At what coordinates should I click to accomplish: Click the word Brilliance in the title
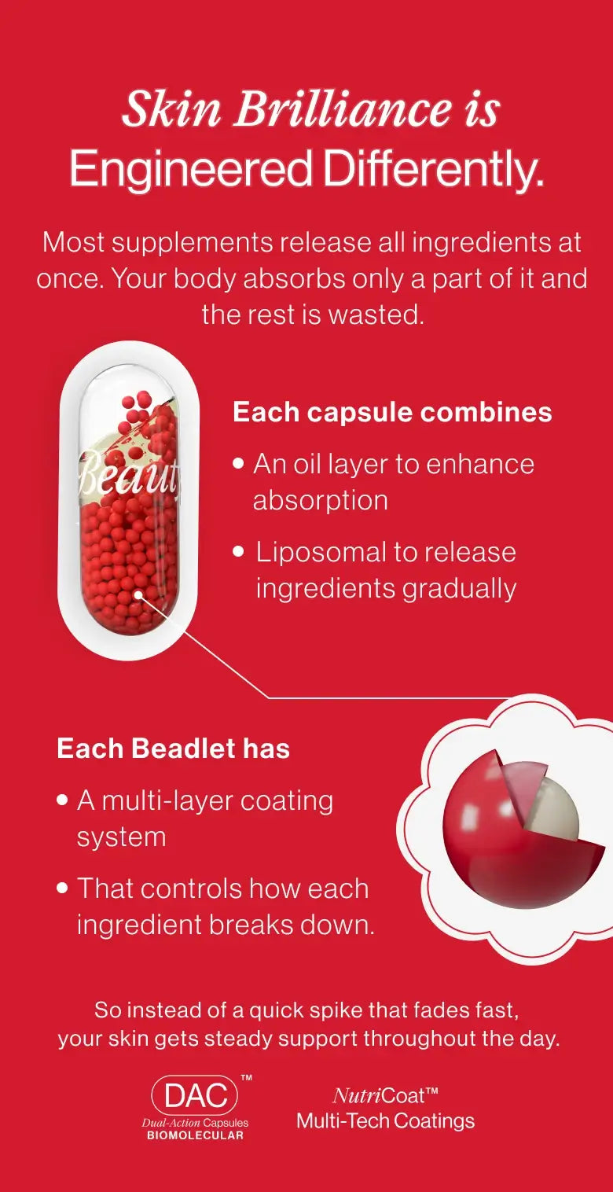click(x=343, y=109)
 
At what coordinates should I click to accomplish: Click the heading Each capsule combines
click(x=392, y=413)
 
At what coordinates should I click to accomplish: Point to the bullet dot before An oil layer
click(x=239, y=462)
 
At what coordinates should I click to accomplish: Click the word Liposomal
click(x=321, y=553)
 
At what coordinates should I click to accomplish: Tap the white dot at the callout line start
click(x=138, y=594)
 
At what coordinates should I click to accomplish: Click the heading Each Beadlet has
click(x=174, y=749)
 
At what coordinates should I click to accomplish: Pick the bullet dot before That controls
click(x=63, y=888)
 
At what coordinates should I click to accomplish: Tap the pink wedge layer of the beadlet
click(x=523, y=783)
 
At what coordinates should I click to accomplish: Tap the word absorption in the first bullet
click(x=321, y=502)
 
